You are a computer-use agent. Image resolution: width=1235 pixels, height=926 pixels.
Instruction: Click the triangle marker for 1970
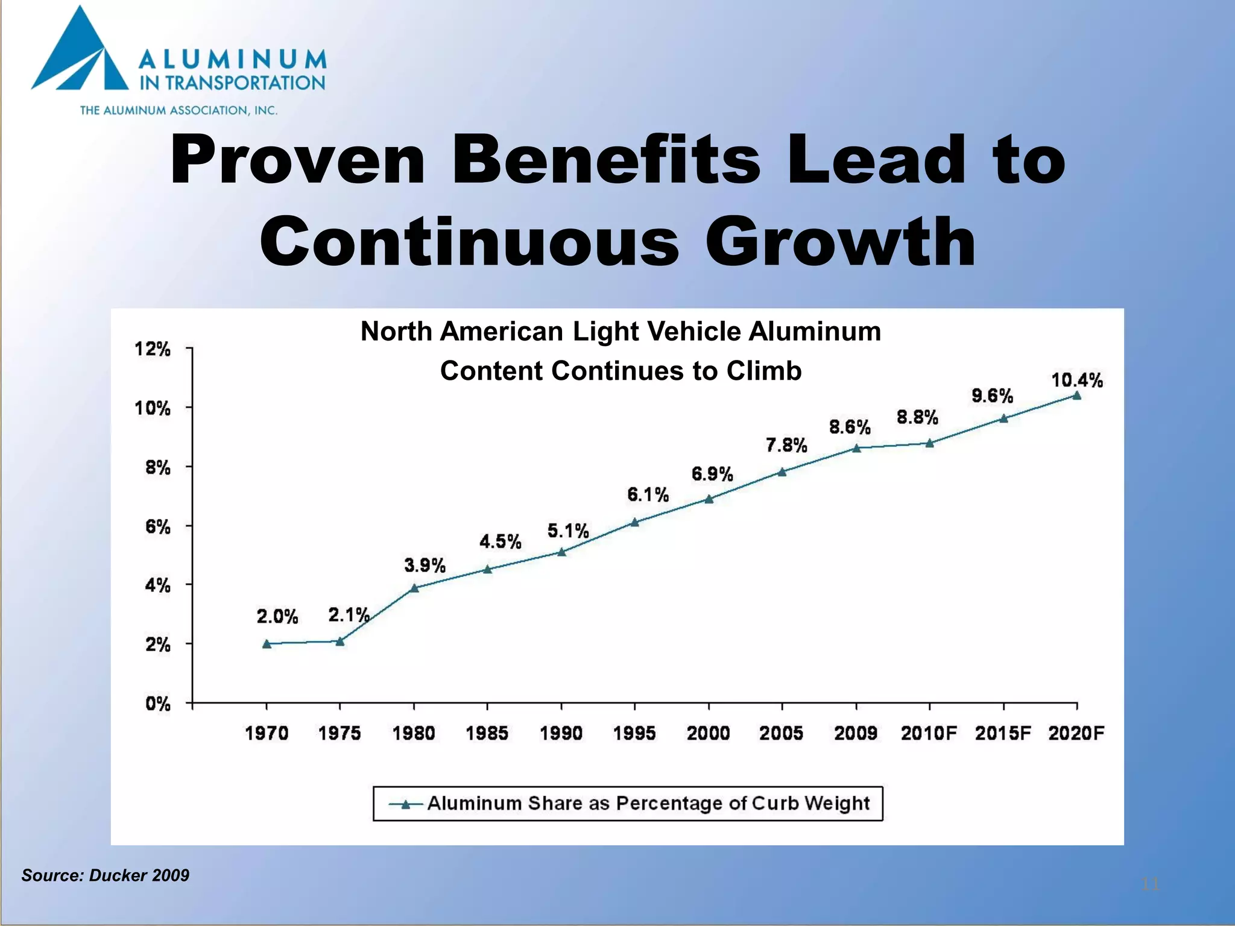pyautogui.click(x=267, y=644)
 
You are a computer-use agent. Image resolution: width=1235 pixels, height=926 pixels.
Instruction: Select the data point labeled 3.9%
pyautogui.click(x=414, y=588)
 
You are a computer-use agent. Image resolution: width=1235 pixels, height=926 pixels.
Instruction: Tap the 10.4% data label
pyautogui.click(x=1077, y=380)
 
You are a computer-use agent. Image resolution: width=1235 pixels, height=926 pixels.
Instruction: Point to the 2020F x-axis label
pyautogui.click(x=1076, y=733)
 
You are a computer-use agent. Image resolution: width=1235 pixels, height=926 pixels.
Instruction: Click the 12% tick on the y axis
pyautogui.click(x=152, y=349)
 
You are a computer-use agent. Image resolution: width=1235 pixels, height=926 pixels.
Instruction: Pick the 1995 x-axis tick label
pyautogui.click(x=634, y=733)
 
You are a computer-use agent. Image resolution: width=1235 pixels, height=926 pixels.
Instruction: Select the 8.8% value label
pyautogui.click(x=917, y=417)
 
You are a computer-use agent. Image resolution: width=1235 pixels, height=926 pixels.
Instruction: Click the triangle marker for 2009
pyautogui.click(x=856, y=448)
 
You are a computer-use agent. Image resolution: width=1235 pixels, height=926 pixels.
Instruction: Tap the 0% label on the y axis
pyautogui.click(x=158, y=704)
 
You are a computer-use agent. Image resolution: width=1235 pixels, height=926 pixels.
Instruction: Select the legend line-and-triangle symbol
pyautogui.click(x=406, y=804)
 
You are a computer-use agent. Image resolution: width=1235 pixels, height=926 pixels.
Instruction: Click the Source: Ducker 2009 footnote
pyautogui.click(x=106, y=875)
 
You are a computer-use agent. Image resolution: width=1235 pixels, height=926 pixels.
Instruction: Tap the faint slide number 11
pyautogui.click(x=1150, y=884)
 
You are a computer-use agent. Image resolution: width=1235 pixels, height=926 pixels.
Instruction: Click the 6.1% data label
pyautogui.click(x=648, y=495)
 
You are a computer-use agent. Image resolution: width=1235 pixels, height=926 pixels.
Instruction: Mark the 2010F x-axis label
pyautogui.click(x=929, y=733)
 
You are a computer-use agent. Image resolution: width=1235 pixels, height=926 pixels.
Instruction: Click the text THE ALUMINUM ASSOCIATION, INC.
pyautogui.click(x=178, y=110)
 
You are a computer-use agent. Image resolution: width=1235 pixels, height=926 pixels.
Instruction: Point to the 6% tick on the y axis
pyautogui.click(x=158, y=527)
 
